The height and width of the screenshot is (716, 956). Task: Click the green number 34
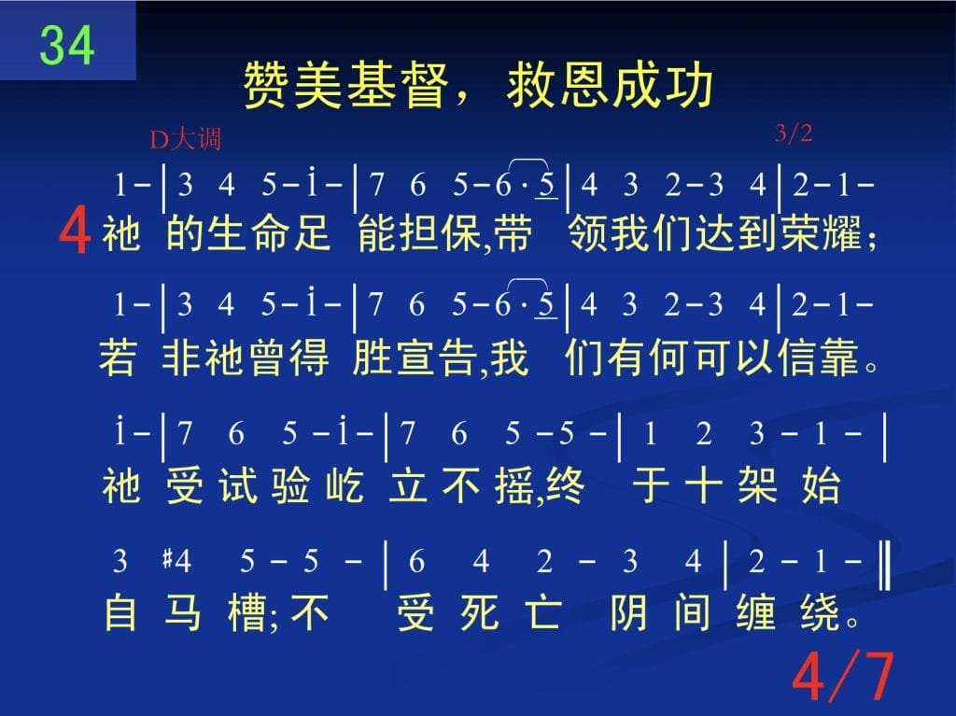pyautogui.click(x=67, y=45)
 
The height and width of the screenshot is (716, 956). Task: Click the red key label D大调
pyautogui.click(x=186, y=140)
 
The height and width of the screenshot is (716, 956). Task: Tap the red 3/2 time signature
pyautogui.click(x=794, y=133)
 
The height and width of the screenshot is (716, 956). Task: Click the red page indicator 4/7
pyautogui.click(x=844, y=677)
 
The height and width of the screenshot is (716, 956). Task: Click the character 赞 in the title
pyautogui.click(x=267, y=85)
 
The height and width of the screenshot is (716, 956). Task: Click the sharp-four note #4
pyautogui.click(x=176, y=560)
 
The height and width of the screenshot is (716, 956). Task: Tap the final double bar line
pyautogui.click(x=885, y=567)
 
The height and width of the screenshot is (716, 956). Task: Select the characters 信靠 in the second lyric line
pyautogui.click(x=819, y=358)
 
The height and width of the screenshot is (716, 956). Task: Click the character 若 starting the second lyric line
pyautogui.click(x=118, y=358)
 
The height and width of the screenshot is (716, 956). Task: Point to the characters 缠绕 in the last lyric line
pyautogui.click(x=788, y=612)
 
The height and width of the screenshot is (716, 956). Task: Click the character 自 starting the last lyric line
pyautogui.click(x=120, y=612)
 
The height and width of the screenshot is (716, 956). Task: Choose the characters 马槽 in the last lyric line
pyautogui.click(x=216, y=612)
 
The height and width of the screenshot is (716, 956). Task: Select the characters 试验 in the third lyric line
pyautogui.click(x=264, y=485)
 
